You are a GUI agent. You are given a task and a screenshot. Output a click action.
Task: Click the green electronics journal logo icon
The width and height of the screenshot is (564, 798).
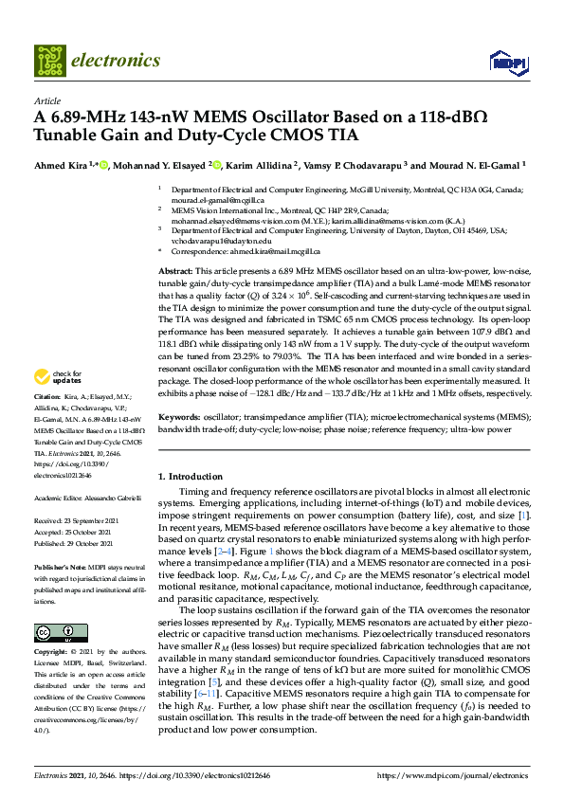coord(49,60)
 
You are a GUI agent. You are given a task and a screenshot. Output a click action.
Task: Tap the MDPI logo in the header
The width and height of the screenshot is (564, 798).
coord(507,62)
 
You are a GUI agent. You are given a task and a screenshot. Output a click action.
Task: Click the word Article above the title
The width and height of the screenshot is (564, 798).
coord(46,100)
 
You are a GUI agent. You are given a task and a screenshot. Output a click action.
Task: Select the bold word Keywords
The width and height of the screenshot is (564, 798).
coord(179,416)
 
